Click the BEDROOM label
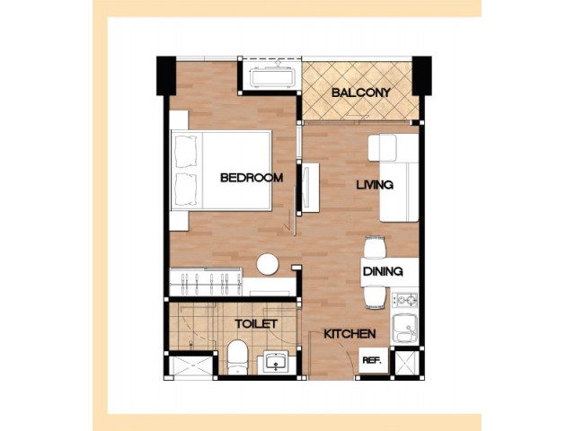[252, 178]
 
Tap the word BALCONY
[361, 92]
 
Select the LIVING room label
[375, 184]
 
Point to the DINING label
[383, 271]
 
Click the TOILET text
[256, 324]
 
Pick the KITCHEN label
[349, 334]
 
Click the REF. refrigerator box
[374, 360]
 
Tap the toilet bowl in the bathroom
[237, 357]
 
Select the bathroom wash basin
[276, 362]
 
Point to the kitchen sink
[405, 329]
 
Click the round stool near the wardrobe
[268, 264]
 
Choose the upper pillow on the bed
[187, 152]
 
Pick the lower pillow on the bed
[187, 189]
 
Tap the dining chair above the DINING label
[375, 247]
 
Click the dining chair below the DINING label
[375, 297]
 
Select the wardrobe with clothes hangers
[206, 281]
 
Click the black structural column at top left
[166, 75]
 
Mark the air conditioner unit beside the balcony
[272, 77]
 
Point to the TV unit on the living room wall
[310, 188]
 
